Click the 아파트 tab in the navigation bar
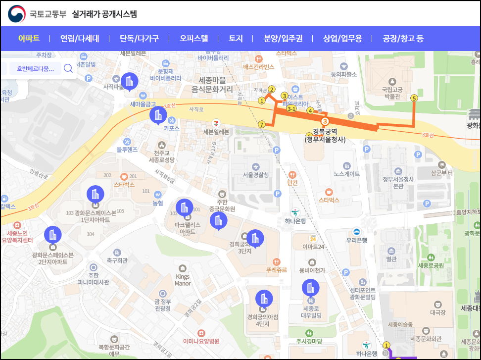pos(29,38)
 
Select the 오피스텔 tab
pos(193,38)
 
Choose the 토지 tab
pos(236,38)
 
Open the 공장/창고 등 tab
pos(403,38)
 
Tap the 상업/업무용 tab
pos(342,38)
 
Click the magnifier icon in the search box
pos(68,68)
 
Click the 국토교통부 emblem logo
pos(16,13)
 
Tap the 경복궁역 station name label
pos(325,132)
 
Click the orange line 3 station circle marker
pos(325,121)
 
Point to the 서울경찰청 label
pos(256,175)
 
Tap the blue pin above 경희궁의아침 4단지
pos(263,299)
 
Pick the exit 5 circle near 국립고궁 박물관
pos(414,98)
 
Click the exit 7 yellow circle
pos(262,124)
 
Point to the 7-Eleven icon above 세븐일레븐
pos(216,122)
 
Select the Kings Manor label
pos(183,280)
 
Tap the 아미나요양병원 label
pos(201,341)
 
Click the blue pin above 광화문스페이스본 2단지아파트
pos(52,235)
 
